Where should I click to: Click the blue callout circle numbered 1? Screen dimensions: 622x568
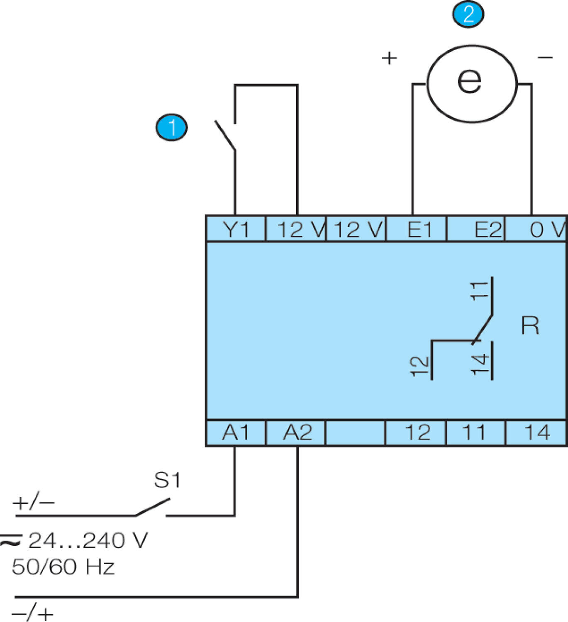171,127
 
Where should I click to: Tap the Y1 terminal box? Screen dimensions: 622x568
235,229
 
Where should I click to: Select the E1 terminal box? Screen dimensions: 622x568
417,229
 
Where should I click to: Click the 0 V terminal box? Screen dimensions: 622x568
536,229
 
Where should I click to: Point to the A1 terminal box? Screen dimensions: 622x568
235,433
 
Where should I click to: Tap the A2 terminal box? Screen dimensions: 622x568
295,433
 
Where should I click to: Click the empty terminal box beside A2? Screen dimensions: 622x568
356,433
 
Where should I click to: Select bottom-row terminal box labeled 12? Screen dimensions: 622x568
416,433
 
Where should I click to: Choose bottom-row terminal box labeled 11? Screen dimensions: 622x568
475,433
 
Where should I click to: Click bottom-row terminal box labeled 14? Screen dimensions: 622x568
536,433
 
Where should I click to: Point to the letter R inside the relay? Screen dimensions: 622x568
530,326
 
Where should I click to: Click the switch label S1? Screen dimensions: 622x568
167,480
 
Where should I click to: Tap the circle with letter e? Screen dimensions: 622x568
472,83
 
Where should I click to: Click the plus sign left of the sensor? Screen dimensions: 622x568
389,58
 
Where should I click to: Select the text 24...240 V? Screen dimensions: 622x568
88,540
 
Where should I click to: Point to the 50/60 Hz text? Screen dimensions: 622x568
63,567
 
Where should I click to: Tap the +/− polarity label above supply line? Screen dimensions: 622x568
34,503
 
